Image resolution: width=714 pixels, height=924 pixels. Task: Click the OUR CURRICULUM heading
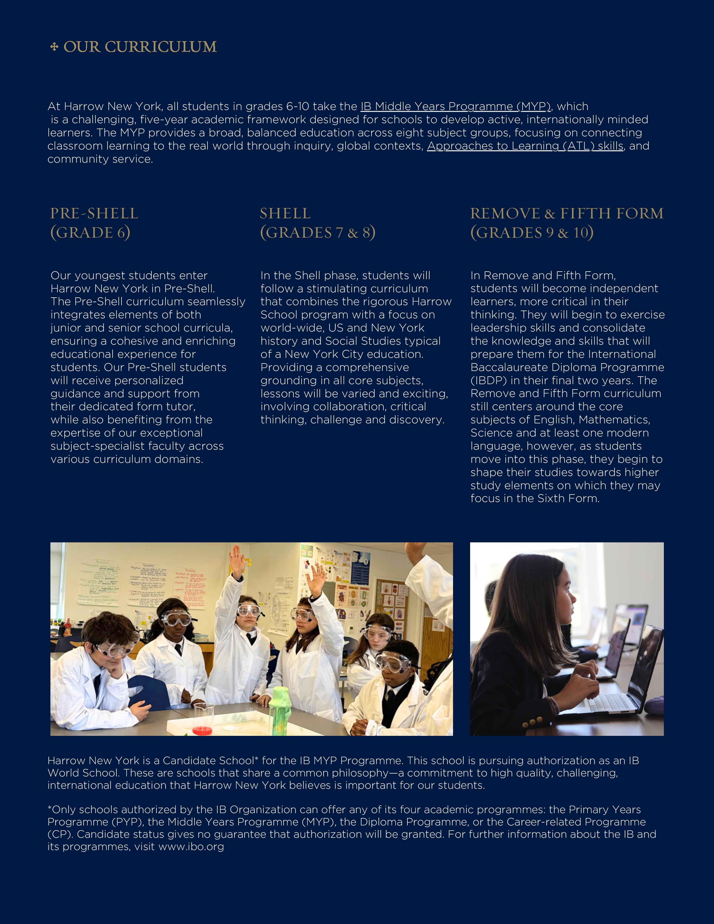(140, 47)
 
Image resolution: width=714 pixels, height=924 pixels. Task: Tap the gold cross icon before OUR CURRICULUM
(54, 47)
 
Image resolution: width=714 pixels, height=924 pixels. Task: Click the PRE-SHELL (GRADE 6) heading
(94, 223)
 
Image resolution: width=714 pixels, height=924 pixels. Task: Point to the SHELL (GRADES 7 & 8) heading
(317, 223)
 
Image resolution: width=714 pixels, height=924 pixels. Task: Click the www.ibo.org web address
(191, 846)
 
